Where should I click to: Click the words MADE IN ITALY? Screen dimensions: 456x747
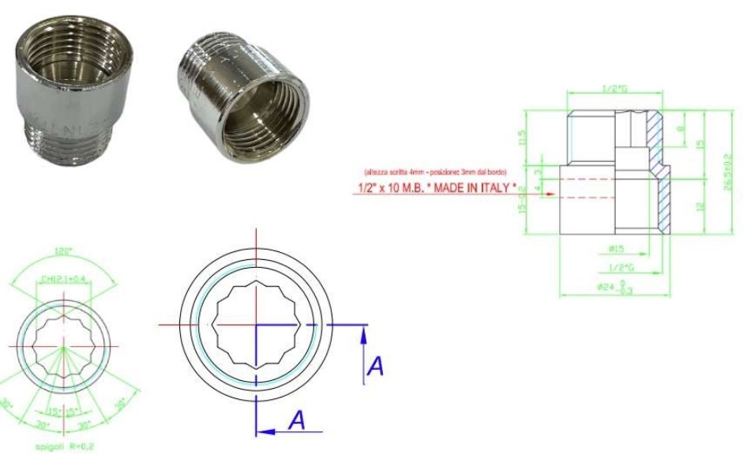[x=465, y=188]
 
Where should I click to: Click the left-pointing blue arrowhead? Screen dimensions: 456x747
[x=264, y=432]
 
